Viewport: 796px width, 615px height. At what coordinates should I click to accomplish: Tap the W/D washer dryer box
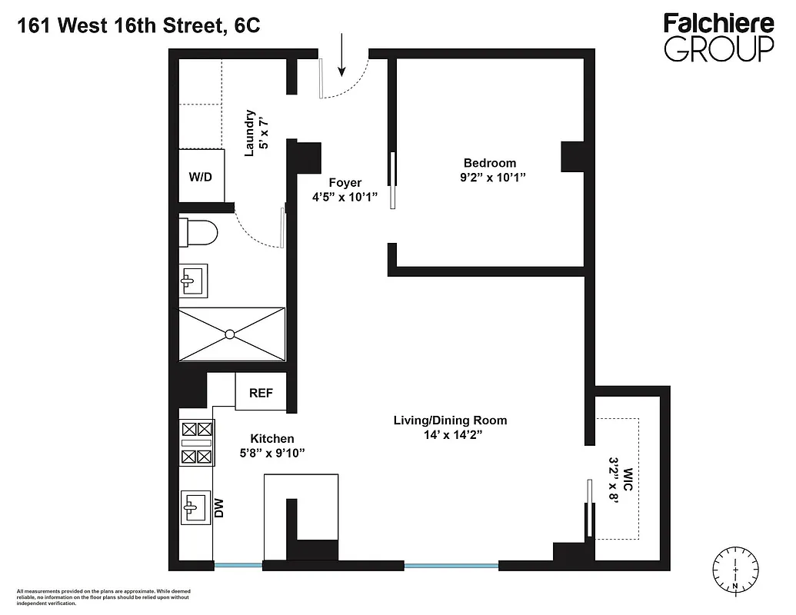point(201,177)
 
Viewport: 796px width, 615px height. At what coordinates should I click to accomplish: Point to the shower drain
point(230,334)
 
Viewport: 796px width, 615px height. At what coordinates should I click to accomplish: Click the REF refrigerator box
point(261,393)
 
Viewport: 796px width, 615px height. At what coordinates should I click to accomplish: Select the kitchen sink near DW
point(193,507)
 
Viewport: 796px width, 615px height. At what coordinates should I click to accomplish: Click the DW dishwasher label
point(219,507)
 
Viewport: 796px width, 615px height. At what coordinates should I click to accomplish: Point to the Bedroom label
point(489,163)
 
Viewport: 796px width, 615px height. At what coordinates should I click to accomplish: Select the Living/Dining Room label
point(450,421)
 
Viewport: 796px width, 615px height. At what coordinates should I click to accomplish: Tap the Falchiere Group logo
point(718,36)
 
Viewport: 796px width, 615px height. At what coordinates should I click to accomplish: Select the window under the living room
point(451,567)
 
